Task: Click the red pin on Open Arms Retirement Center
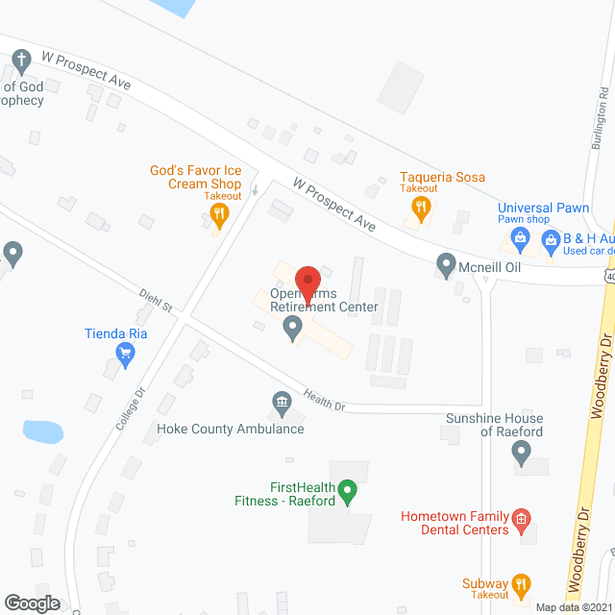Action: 307,281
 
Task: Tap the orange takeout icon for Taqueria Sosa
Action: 418,212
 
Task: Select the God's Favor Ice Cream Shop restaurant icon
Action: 219,215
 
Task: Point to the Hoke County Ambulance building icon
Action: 282,404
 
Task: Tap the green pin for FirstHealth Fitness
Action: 349,492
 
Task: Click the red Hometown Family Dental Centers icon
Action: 521,521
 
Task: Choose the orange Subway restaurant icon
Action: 521,584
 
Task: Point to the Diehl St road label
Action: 154,300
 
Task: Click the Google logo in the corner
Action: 31,603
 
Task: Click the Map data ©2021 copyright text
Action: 573,607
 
